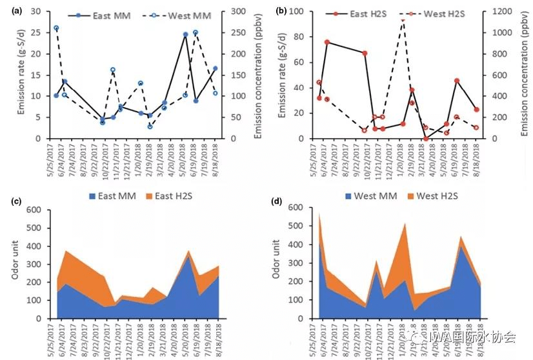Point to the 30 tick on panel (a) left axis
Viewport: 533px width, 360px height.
pos(43,12)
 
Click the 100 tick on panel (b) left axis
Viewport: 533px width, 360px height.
pos(302,12)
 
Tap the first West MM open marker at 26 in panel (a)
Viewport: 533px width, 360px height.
pos(56,28)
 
